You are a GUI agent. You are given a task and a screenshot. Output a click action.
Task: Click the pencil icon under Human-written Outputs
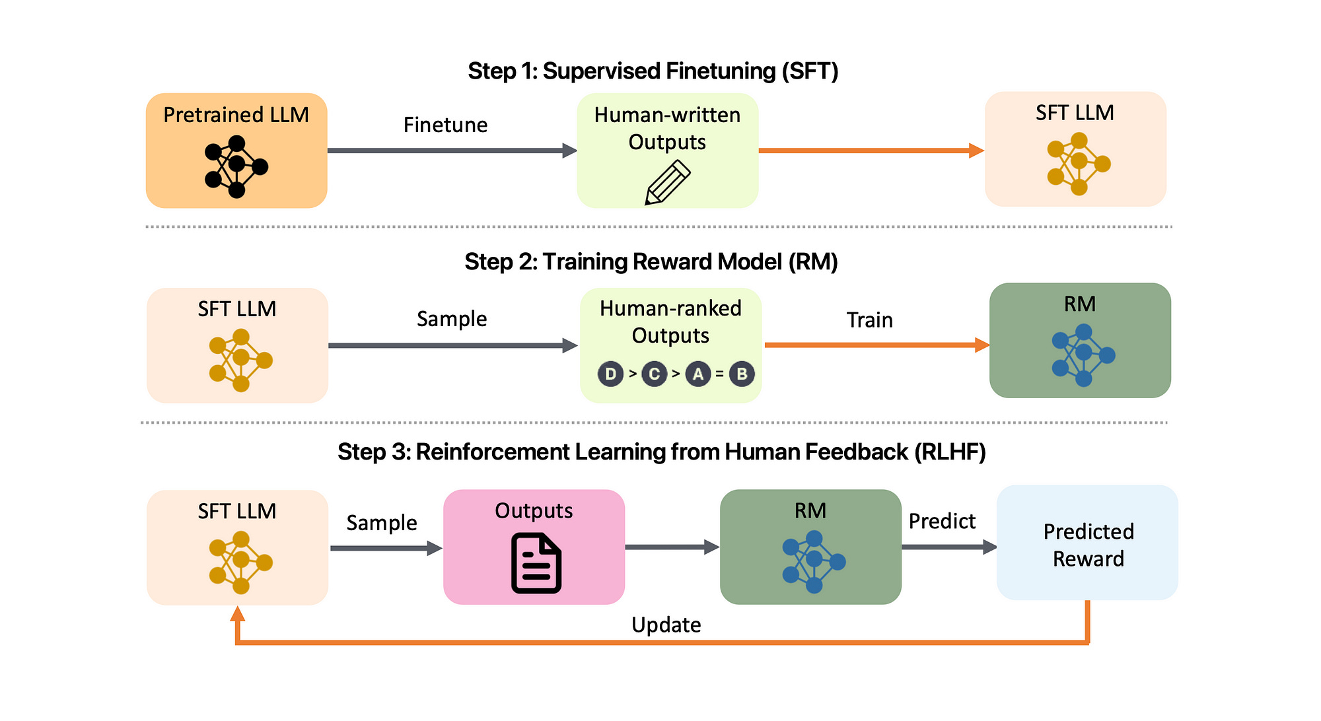point(668,182)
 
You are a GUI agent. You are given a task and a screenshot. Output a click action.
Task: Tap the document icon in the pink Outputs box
point(536,563)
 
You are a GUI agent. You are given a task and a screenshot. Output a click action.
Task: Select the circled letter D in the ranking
point(610,374)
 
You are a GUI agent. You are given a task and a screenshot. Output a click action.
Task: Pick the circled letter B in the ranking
point(742,374)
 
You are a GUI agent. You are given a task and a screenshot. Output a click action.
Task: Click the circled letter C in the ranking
point(654,374)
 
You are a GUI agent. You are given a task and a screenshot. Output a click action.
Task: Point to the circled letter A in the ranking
point(698,374)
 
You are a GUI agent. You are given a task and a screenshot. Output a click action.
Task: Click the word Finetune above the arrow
point(446,125)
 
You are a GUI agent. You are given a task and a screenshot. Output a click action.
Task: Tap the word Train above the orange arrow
point(870,320)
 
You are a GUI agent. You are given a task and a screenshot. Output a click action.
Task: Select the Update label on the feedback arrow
point(666,625)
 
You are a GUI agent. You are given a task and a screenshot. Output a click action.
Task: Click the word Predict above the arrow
point(943,522)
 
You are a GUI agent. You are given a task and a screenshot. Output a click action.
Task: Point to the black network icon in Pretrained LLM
point(236,166)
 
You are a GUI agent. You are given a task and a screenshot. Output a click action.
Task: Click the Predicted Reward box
point(1087,543)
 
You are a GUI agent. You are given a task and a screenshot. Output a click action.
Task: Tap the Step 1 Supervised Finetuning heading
point(653,71)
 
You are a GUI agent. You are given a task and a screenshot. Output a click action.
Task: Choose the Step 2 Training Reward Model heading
point(651,262)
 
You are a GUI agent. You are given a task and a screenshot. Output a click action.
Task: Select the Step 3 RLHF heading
point(662,452)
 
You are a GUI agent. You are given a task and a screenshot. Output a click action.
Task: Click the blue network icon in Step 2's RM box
point(1083,355)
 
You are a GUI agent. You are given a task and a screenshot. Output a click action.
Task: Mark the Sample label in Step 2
point(452,320)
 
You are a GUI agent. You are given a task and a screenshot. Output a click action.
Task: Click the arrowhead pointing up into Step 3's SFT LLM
point(238,614)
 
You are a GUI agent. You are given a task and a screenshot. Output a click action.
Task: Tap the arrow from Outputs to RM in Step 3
point(672,547)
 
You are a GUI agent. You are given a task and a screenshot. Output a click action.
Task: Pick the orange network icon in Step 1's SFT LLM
point(1079,164)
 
